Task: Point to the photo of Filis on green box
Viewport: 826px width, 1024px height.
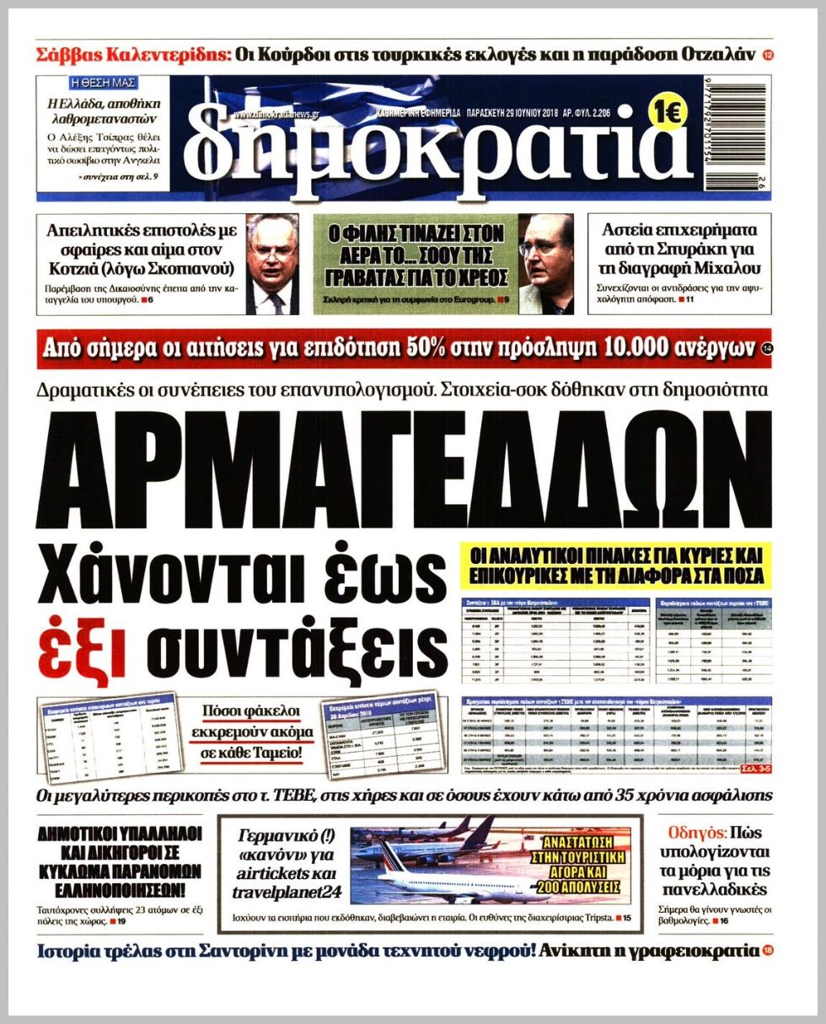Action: coord(545,264)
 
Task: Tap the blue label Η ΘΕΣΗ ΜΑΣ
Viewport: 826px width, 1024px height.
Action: coord(104,83)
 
